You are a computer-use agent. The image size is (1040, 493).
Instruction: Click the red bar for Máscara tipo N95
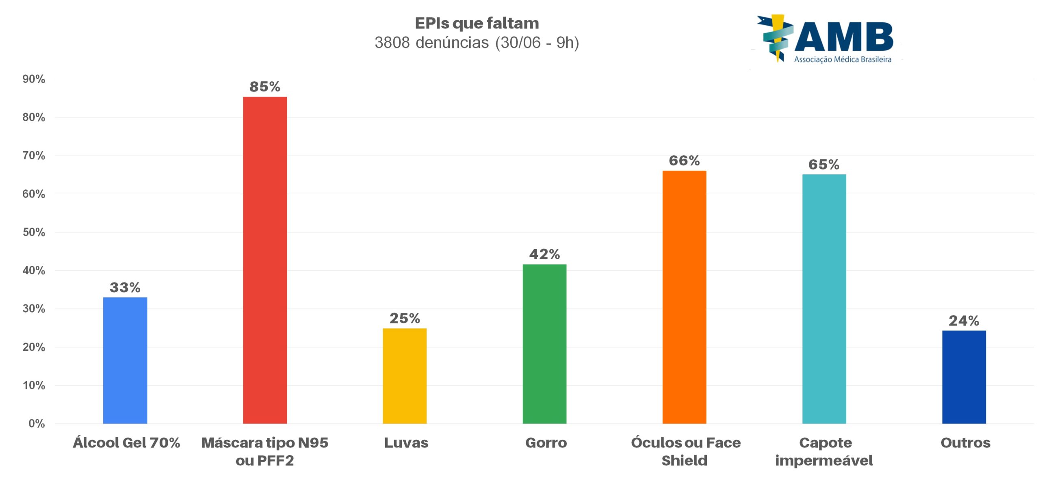click(x=265, y=260)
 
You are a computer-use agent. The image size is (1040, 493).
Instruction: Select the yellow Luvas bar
click(x=405, y=376)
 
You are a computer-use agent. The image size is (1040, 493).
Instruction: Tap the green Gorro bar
click(x=544, y=344)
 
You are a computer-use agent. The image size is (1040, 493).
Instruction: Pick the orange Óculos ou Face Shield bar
click(x=684, y=297)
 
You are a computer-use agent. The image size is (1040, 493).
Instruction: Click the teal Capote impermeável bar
click(x=824, y=299)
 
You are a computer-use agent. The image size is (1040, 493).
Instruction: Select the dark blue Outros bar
click(x=964, y=377)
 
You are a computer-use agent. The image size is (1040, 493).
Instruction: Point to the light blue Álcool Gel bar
click(x=125, y=361)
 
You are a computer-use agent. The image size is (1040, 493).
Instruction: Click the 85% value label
click(x=265, y=87)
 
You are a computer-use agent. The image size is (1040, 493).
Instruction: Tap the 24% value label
click(x=964, y=321)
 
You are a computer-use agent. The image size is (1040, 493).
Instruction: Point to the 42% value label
click(x=544, y=254)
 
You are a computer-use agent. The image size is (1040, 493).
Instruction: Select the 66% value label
click(x=684, y=161)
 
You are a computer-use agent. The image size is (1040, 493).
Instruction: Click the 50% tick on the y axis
click(x=34, y=232)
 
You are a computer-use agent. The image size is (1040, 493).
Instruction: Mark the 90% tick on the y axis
click(x=34, y=79)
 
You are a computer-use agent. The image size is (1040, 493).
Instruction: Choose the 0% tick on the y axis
click(x=37, y=424)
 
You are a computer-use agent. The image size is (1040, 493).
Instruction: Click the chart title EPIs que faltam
click(x=477, y=23)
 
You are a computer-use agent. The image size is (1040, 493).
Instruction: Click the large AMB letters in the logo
click(x=844, y=37)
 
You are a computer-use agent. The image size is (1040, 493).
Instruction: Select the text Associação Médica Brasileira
click(x=843, y=59)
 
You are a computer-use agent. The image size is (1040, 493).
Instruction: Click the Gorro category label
click(x=546, y=443)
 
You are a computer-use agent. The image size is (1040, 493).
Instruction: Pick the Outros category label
click(x=965, y=443)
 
